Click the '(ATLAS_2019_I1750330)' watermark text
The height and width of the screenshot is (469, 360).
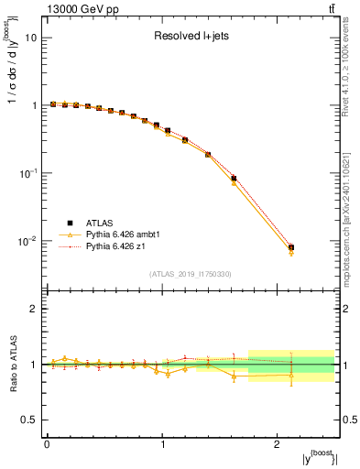(x=191, y=274)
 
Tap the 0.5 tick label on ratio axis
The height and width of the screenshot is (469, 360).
(x=31, y=420)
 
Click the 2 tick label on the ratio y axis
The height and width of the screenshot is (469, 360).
(x=36, y=310)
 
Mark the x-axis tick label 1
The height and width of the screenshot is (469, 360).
(x=162, y=443)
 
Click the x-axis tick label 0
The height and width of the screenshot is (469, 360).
(x=47, y=443)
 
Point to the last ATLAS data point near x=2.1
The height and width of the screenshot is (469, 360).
(x=291, y=247)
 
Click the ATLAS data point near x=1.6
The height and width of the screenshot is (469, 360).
(x=234, y=179)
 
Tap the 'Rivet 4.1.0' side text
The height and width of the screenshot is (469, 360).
(x=350, y=92)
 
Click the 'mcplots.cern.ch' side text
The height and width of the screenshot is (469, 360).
(x=350, y=220)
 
